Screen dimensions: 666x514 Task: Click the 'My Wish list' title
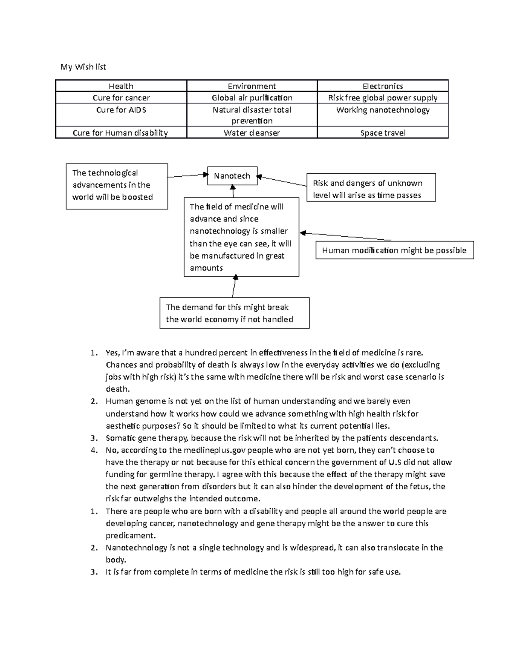point(83,67)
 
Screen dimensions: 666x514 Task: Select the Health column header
point(121,86)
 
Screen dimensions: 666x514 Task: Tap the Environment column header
point(252,86)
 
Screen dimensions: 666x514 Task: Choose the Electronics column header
point(383,86)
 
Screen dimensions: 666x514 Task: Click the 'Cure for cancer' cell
point(121,98)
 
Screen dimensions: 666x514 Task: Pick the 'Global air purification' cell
point(252,98)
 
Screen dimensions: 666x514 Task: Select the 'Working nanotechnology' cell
point(383,110)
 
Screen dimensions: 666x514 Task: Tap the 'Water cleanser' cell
point(252,133)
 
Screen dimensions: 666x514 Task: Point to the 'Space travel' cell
point(383,133)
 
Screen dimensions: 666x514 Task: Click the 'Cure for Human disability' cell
point(121,133)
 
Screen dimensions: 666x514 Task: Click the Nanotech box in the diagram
point(232,176)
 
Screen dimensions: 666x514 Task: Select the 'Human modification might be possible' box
point(394,250)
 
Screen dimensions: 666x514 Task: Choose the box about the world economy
point(234,313)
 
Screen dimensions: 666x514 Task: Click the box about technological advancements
point(117,186)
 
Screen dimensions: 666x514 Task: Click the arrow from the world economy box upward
point(234,286)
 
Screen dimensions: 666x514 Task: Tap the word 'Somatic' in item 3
point(121,438)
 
